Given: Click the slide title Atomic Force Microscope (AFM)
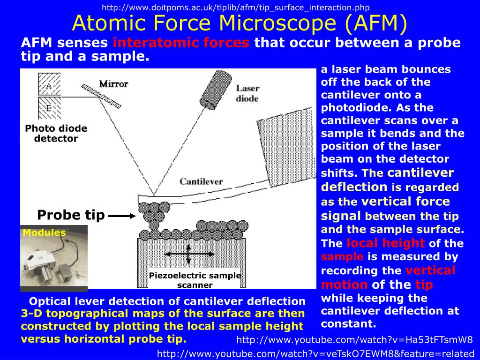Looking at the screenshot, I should tap(240, 23).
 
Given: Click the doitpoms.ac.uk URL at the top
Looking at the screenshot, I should tap(236, 7).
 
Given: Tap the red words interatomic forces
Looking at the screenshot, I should tap(181, 43).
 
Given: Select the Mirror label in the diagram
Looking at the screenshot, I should tap(113, 84).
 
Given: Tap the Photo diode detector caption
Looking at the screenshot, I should tap(56, 133).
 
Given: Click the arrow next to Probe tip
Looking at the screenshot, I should tap(121, 216).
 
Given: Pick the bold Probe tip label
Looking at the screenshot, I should tap(71, 215).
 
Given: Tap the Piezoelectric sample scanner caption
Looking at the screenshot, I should tap(195, 280).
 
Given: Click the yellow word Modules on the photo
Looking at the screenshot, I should tap(44, 232).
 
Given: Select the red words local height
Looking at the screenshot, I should tap(385, 243).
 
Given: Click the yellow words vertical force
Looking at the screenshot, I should tap(406, 202).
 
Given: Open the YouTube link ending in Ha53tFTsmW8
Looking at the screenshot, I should tap(354, 340).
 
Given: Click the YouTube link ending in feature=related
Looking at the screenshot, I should tap(315, 353).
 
